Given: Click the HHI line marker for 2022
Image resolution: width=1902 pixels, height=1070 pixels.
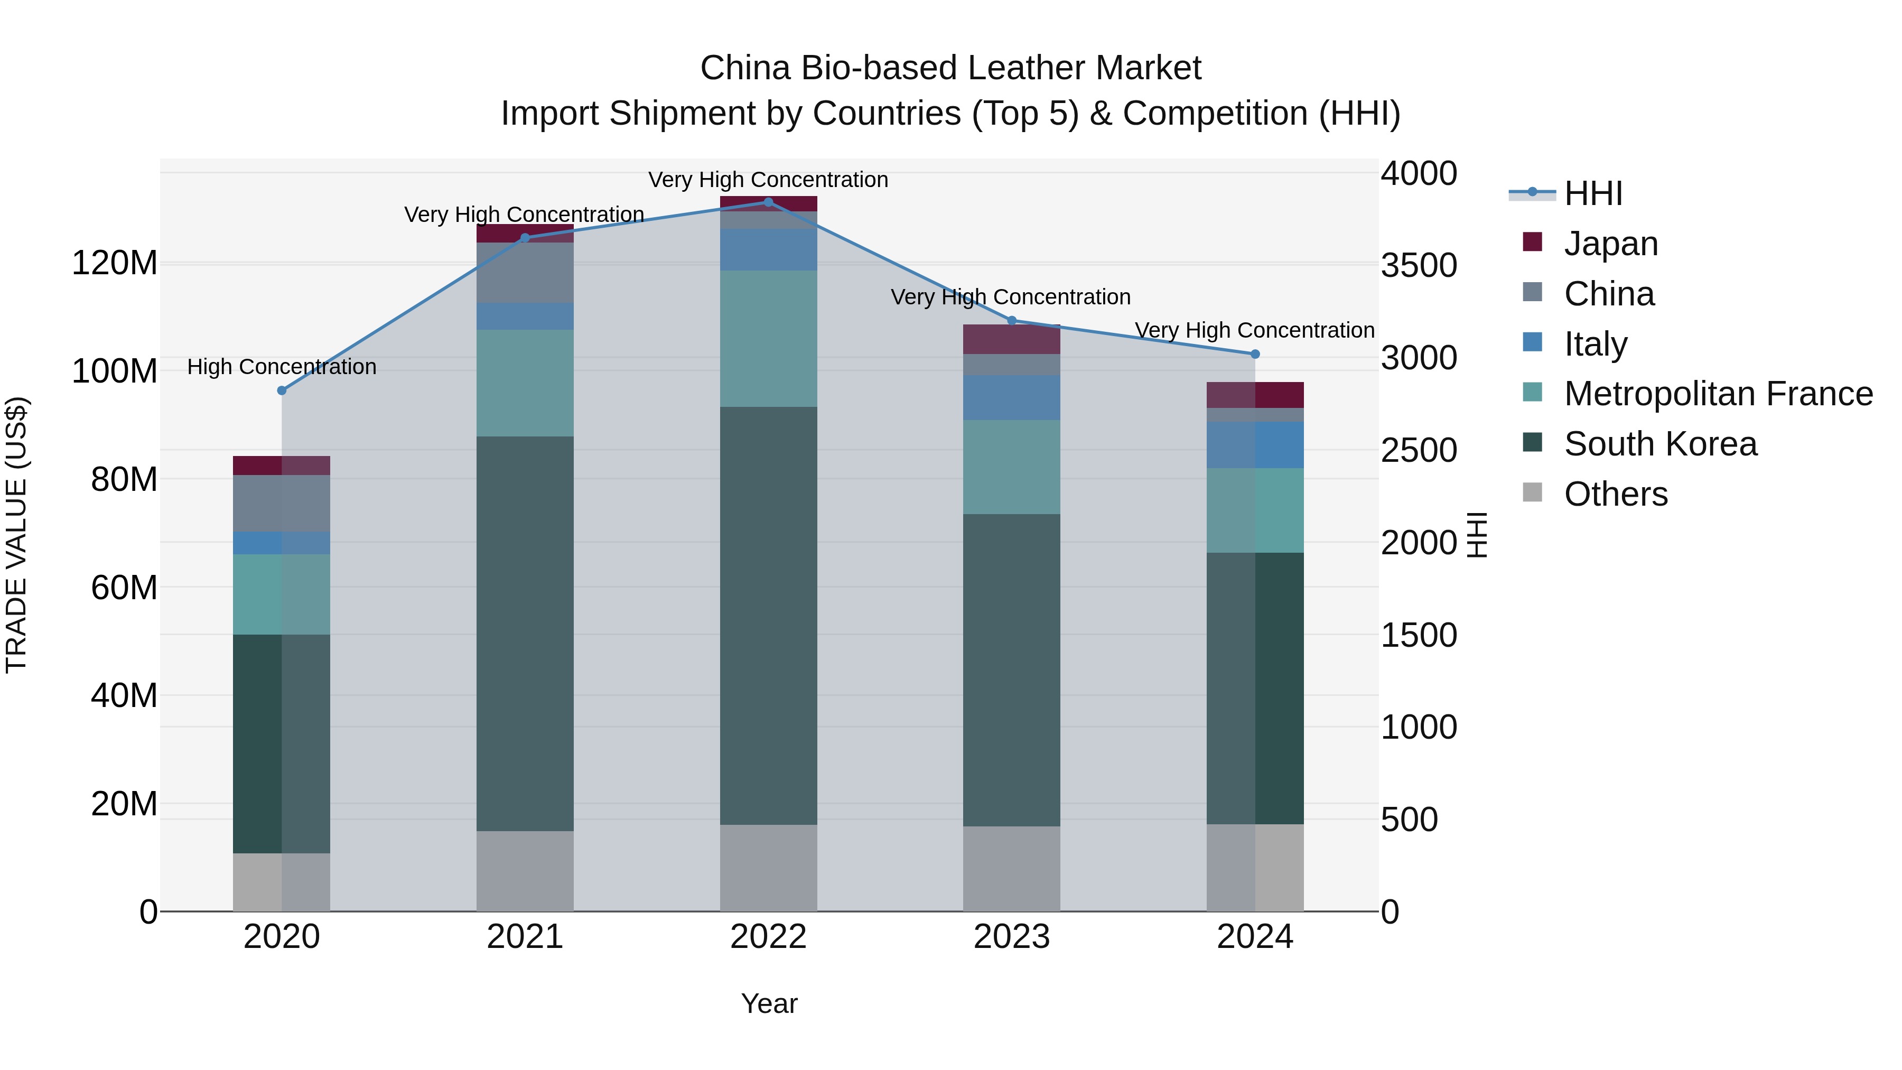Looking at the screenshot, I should (768, 202).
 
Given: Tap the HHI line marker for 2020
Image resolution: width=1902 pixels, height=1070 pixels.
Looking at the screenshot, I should (281, 390).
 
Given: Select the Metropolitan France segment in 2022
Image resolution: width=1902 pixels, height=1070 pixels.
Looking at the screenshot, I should (768, 339).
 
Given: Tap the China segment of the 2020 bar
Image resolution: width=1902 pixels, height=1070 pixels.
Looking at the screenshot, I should (281, 503).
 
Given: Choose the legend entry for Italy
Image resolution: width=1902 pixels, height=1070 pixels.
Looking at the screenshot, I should (1595, 344).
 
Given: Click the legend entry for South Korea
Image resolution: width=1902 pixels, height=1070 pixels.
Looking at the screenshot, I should (1660, 444).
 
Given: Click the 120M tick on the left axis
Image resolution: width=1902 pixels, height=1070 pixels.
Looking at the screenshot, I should (115, 264).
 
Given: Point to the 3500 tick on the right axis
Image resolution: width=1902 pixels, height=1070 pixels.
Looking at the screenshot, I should (1419, 266).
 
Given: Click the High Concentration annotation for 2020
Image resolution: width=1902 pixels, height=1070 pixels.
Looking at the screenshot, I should (281, 367).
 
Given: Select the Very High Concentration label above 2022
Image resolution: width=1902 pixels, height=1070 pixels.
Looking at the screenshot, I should (768, 180).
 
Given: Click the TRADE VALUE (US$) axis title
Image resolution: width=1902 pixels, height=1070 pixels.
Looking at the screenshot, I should (16, 535).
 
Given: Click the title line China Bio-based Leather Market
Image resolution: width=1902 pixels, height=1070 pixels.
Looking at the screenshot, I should (950, 68).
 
